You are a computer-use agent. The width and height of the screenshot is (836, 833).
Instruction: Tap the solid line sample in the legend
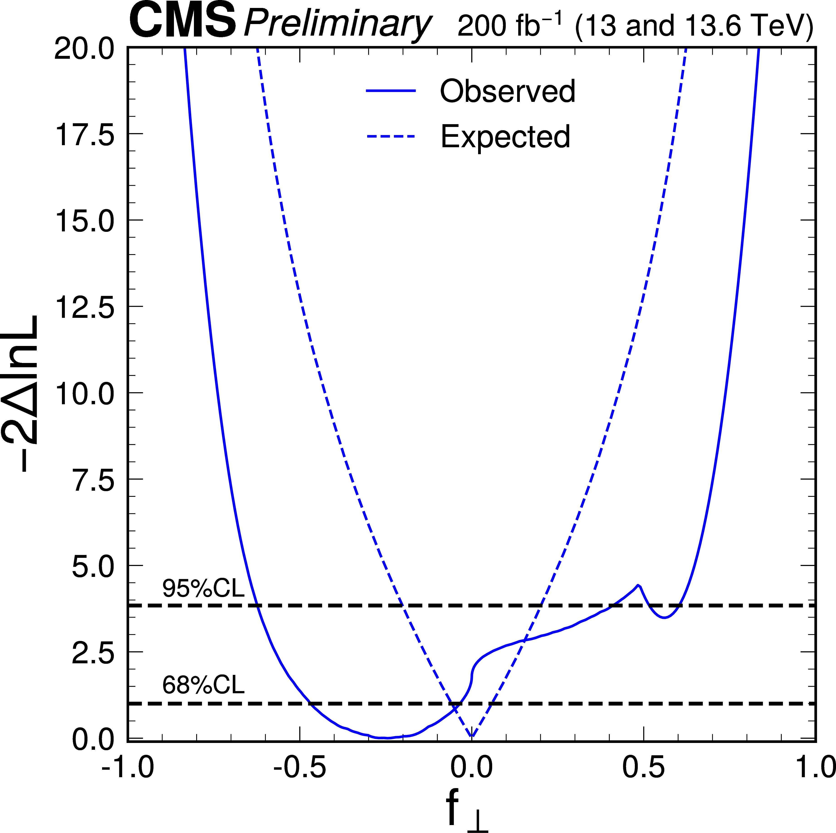(391, 91)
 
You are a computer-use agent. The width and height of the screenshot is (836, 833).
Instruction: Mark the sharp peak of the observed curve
(638, 585)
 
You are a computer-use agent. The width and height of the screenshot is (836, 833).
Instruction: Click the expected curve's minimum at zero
(472, 736)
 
